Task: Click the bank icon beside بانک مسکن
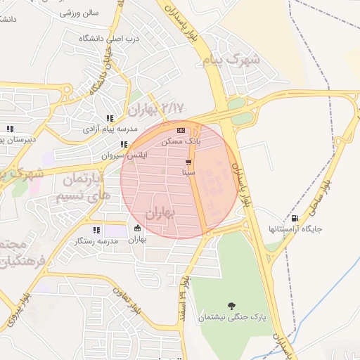[181, 130]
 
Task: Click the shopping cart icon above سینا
[188, 162]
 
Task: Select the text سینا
[188, 172]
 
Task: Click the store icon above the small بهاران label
[137, 229]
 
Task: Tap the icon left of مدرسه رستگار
[96, 230]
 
